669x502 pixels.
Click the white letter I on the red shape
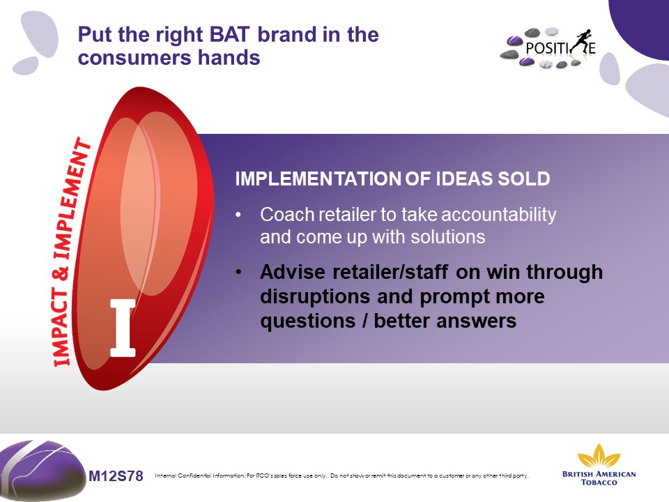coord(123,328)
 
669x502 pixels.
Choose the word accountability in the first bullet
coord(498,214)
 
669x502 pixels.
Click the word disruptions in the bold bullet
coord(315,296)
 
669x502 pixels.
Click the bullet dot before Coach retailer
coord(238,215)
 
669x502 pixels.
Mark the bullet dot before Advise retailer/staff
coord(238,272)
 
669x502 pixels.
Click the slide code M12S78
coord(116,476)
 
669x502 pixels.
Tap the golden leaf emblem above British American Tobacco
coord(599,456)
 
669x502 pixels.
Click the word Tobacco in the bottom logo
coord(599,482)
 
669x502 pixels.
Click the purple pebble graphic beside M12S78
coord(42,469)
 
